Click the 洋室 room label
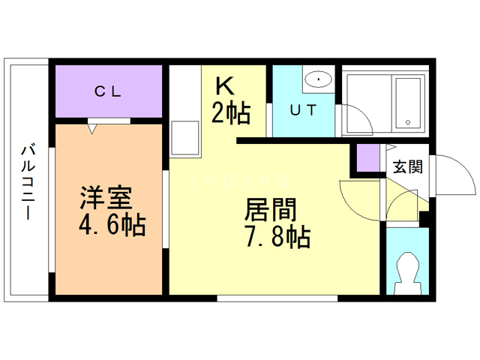click(x=106, y=199)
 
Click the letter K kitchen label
click(x=226, y=85)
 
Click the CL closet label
click(x=108, y=92)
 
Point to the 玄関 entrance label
click(x=407, y=166)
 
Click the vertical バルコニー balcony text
click(x=28, y=179)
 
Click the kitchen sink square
click(x=184, y=136)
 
